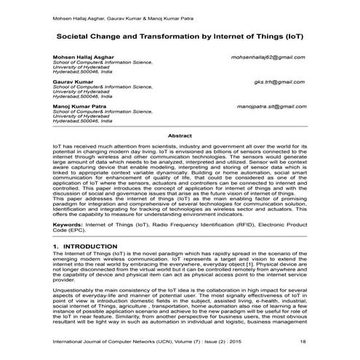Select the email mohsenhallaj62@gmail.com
click(x=268, y=57)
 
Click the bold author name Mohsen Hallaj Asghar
click(x=80, y=57)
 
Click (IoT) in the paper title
click(x=287, y=35)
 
